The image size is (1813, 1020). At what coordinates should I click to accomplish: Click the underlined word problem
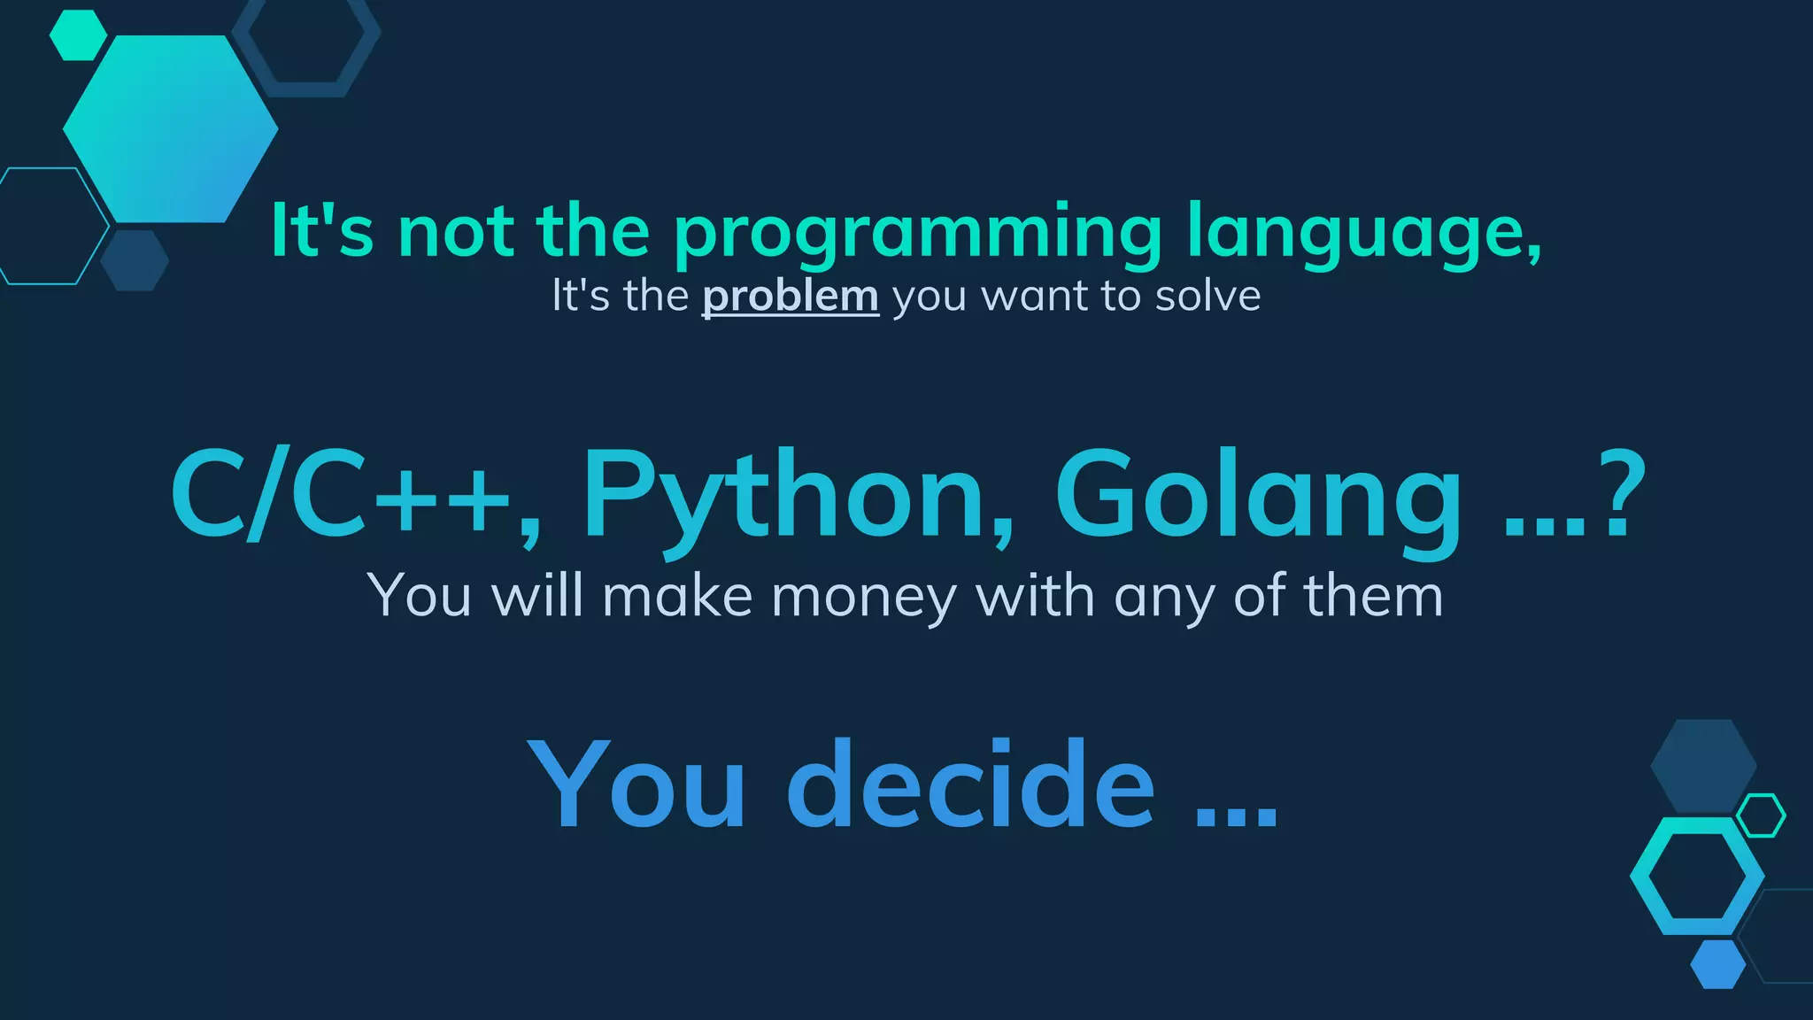790,296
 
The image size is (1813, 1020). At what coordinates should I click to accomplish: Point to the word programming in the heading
917,232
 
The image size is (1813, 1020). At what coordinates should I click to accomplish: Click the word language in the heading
1363,232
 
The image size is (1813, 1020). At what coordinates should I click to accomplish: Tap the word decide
970,785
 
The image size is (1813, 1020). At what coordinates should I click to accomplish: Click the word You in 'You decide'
637,785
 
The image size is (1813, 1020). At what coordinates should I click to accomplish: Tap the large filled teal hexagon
170,129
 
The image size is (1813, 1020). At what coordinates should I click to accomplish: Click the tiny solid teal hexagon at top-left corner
78,35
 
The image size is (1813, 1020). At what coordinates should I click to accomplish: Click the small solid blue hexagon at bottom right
1717,964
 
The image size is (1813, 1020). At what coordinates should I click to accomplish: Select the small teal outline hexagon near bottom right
1761,815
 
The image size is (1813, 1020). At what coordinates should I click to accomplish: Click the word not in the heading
456,232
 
